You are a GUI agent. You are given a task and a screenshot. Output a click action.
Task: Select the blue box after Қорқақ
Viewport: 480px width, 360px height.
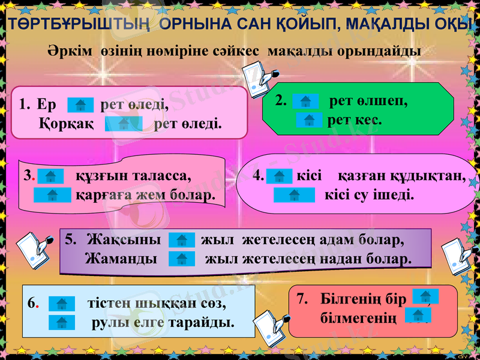(124, 124)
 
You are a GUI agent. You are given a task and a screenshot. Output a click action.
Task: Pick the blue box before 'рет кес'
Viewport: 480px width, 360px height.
(309, 120)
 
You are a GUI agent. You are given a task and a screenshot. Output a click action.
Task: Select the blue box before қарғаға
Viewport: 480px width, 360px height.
(52, 195)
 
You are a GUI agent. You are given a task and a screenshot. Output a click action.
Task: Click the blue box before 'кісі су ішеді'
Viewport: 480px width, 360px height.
(294, 195)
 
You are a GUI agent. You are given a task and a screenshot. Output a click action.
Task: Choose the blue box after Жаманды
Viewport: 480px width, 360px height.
(182, 259)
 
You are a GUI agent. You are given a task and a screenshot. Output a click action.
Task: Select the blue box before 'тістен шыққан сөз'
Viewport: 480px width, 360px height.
(61, 304)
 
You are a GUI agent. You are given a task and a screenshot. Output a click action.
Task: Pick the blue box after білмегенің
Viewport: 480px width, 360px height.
(418, 315)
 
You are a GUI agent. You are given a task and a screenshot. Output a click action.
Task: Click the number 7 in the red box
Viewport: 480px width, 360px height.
(302, 298)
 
